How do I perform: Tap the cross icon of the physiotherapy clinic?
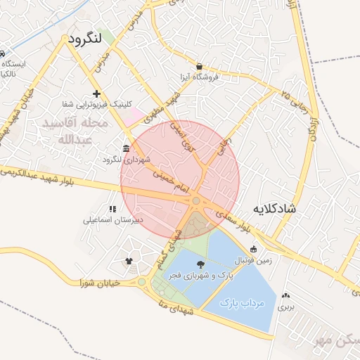pos(97,94)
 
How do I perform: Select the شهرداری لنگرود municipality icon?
pos(126,148)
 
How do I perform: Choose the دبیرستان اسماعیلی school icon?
pos(112,209)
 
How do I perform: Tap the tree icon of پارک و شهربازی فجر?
pos(202,264)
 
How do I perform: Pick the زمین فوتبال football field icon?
pos(253,249)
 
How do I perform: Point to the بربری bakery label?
pos(285,307)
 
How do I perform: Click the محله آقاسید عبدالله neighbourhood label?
pos(75,131)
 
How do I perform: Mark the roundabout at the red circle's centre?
pos(195,202)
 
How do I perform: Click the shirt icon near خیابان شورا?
pos(128,262)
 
